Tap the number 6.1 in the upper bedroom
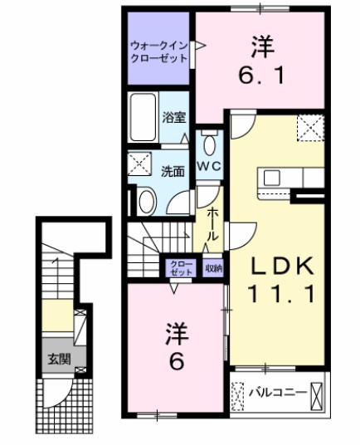tap(257, 76)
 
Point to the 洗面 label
tap(173, 172)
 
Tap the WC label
tap(209, 166)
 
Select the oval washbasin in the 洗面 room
tap(147, 201)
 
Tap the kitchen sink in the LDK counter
tap(274, 177)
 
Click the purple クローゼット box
tap(180, 268)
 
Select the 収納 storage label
tap(212, 268)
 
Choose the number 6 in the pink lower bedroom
tap(176, 362)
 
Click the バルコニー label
tap(278, 391)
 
